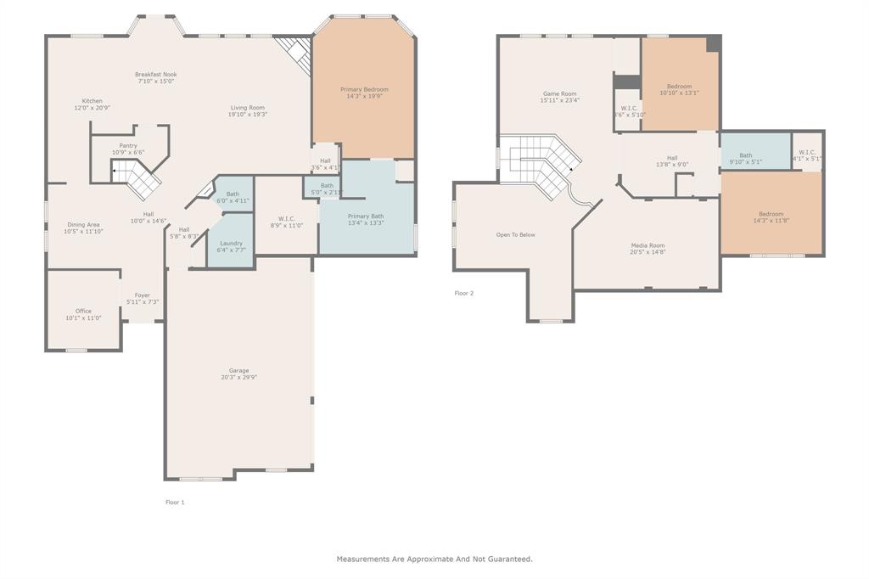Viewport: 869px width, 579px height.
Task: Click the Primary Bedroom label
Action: point(364,89)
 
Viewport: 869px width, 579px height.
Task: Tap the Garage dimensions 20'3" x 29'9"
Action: point(238,377)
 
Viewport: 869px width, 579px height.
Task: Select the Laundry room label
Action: point(231,243)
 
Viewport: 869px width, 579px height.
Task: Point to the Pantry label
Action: point(128,145)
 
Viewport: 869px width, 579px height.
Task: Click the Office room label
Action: point(83,311)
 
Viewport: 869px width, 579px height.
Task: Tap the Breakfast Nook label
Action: point(156,75)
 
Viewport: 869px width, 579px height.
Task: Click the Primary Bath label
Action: point(366,216)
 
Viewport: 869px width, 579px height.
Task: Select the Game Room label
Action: point(559,93)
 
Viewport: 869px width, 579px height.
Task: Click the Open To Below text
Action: point(516,234)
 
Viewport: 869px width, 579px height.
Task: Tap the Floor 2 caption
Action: point(464,293)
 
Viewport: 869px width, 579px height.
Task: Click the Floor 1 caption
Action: point(175,502)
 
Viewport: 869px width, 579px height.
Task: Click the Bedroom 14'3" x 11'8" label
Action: point(771,214)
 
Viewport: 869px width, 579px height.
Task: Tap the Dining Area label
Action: point(83,225)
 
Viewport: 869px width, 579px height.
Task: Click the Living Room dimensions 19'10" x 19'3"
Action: point(248,115)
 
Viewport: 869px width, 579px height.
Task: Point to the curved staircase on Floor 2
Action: point(543,166)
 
